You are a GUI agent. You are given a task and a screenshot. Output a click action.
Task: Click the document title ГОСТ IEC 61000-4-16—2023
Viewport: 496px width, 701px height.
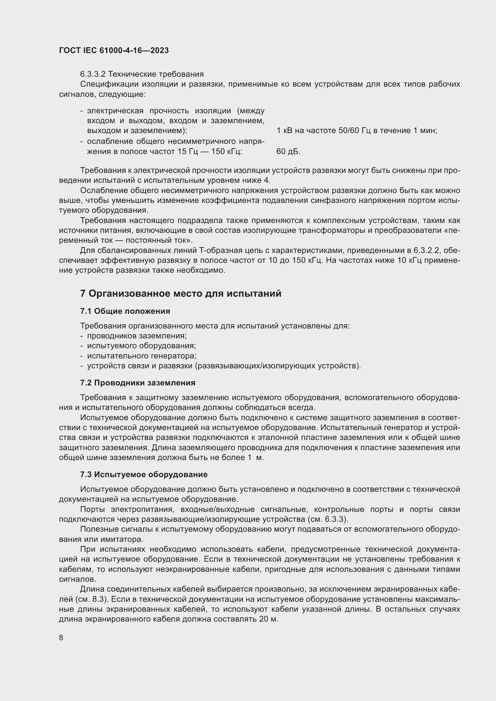(x=114, y=51)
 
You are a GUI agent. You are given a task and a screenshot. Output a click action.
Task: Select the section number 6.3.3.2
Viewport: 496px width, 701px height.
(x=93, y=74)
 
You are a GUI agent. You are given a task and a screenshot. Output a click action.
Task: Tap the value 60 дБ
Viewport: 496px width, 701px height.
(x=288, y=151)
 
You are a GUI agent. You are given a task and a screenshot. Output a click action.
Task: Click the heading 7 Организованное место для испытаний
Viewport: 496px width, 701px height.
(x=181, y=294)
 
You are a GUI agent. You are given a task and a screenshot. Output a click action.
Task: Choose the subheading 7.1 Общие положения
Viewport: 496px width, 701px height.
(x=125, y=311)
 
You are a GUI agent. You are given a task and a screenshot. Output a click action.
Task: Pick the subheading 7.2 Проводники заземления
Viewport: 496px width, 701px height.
(x=137, y=383)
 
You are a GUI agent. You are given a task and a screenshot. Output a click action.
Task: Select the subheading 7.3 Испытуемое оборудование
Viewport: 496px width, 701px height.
(x=144, y=474)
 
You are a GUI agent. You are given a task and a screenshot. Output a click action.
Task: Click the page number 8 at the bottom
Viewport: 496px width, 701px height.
(x=61, y=638)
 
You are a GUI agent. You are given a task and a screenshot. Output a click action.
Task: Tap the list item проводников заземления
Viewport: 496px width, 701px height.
(x=137, y=336)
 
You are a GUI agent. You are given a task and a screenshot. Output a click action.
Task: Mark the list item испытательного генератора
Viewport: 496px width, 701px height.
(x=142, y=356)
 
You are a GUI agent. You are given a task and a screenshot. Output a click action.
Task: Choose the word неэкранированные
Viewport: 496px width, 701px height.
(x=196, y=569)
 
